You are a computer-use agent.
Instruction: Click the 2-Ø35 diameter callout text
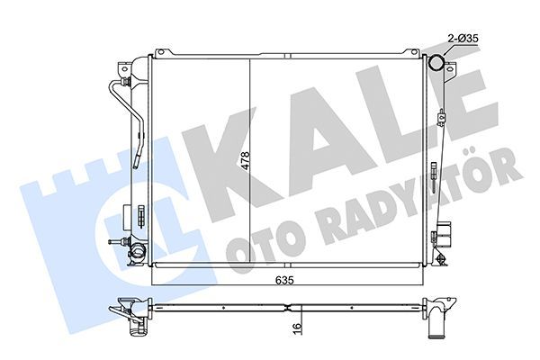(463, 39)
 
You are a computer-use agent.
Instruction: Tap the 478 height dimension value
(245, 160)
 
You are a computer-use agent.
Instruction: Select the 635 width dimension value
(284, 280)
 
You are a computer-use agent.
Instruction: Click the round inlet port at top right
(436, 63)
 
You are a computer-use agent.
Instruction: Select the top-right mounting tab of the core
(412, 52)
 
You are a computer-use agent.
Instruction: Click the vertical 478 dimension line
(249, 162)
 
